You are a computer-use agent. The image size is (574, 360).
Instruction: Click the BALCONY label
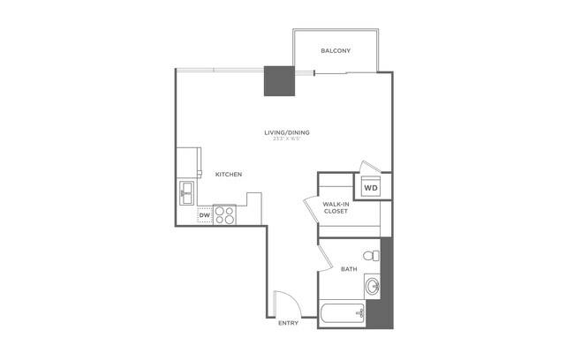tap(336, 50)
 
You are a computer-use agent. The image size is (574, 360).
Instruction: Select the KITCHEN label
tap(229, 175)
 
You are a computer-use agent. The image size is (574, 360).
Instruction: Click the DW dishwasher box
tap(204, 214)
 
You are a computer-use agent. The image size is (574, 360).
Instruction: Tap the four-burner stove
tap(224, 214)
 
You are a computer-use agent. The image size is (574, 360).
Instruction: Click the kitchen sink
tap(187, 190)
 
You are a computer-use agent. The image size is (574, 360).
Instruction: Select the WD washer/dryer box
tap(372, 188)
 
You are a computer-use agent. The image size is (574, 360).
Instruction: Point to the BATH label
tap(349, 269)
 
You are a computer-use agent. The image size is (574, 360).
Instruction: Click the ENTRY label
tap(288, 324)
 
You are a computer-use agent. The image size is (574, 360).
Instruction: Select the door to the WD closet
tap(369, 169)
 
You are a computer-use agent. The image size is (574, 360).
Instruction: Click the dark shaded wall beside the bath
tap(385, 282)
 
